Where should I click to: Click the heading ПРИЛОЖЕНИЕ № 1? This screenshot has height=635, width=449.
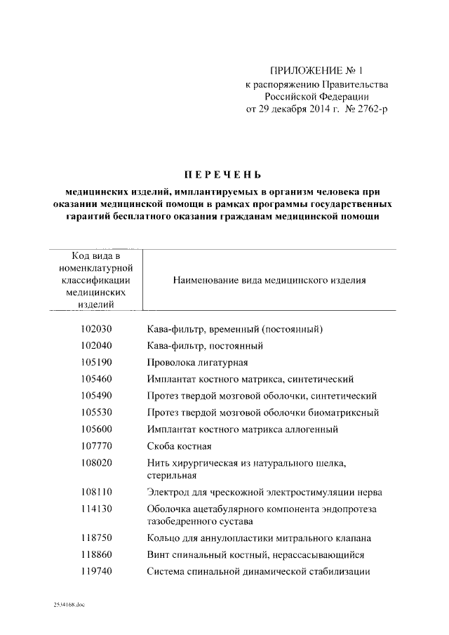(x=318, y=71)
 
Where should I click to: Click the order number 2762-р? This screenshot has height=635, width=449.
(x=368, y=109)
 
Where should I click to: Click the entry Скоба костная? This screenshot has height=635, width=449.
(x=180, y=446)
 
